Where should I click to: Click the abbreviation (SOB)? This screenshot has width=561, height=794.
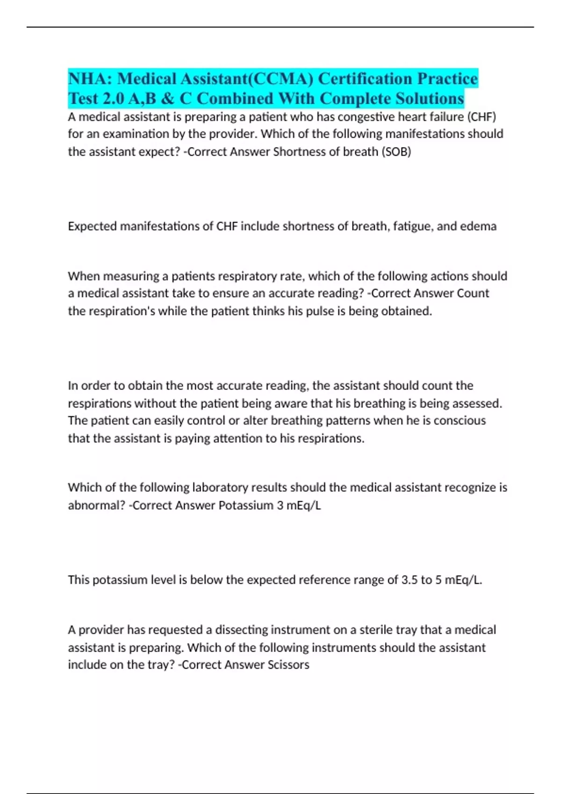396,152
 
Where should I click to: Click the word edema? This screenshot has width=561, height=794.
478,227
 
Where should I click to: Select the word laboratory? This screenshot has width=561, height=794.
208,488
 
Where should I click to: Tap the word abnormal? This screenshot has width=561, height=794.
95,505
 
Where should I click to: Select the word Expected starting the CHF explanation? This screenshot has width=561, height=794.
92,227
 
